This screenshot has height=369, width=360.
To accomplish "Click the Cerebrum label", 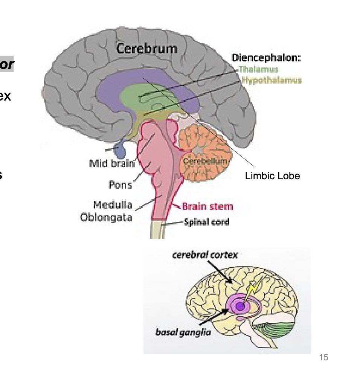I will coord(146,48).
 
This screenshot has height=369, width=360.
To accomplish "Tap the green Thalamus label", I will coord(258,69).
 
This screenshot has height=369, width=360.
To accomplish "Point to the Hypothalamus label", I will coord(272,80).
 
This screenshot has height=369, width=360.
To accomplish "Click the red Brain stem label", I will coord(207,206).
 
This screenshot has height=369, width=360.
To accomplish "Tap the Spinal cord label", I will coord(207,222).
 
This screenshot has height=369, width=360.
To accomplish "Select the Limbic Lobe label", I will coord(272,176).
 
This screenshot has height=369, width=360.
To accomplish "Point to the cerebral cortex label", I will coord(205,255).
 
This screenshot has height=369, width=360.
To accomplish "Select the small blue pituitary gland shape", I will coord(121,150).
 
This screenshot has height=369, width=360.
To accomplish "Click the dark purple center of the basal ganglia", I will coord(238,307).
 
